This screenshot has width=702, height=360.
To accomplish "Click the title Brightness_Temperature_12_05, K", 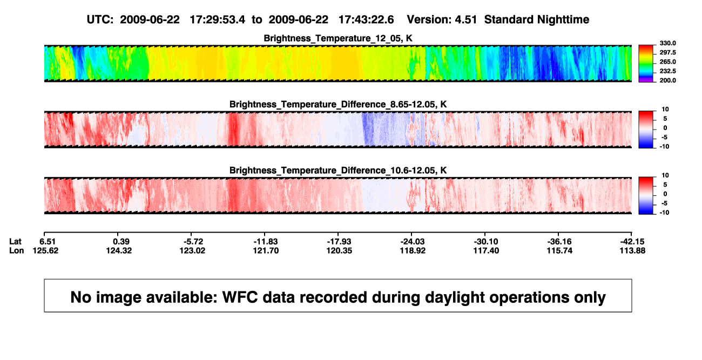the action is [x=338, y=38].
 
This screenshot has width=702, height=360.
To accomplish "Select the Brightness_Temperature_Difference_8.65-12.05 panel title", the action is [x=338, y=104].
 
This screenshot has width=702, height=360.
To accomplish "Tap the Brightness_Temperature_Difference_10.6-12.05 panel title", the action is [x=338, y=171].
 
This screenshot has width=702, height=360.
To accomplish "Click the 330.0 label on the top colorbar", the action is [x=667, y=43].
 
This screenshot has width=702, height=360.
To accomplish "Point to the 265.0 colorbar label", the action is [x=667, y=62].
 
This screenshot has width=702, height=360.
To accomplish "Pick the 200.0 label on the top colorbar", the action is [x=667, y=80].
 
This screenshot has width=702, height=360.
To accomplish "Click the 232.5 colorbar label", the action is [x=667, y=71].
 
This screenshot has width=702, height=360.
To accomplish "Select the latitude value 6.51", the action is [x=48, y=242].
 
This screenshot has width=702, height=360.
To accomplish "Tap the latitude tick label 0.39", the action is [x=121, y=242].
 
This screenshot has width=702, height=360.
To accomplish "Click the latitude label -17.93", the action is [x=339, y=242].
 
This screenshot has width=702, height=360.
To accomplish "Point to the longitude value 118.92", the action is [x=413, y=250].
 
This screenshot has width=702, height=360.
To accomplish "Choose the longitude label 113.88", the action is [x=632, y=250].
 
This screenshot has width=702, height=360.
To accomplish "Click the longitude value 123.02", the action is [x=192, y=250].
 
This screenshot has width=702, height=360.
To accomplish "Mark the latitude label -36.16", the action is [x=559, y=242].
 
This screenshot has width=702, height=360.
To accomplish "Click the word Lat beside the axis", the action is [x=15, y=242].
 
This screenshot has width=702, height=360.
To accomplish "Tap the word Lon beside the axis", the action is [x=17, y=250].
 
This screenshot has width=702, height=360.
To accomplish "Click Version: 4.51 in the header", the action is [x=442, y=19].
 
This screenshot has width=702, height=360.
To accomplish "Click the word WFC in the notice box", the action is [x=240, y=297].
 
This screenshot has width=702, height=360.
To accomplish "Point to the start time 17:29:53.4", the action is [x=218, y=19].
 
